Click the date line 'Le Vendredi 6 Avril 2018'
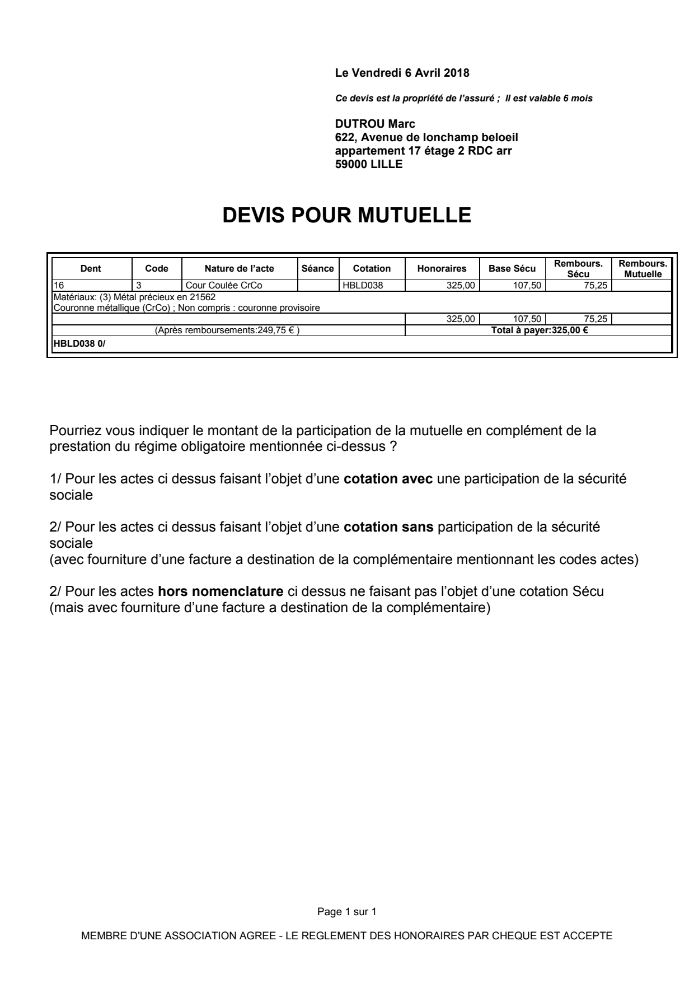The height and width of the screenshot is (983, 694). [401, 73]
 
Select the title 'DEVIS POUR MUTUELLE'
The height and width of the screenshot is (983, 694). [346, 216]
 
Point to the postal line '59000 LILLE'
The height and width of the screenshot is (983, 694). [368, 165]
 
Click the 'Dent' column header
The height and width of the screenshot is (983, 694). [91, 269]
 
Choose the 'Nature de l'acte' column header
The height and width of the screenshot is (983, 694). [239, 269]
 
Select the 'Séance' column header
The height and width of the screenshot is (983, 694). [317, 269]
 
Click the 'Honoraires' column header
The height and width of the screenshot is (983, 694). [442, 269]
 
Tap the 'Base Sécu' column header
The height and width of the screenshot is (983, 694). [512, 269]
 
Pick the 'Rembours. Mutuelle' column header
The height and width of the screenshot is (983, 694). [643, 269]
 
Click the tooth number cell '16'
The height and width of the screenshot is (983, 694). [59, 285]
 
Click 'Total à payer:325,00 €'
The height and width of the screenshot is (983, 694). [539, 330]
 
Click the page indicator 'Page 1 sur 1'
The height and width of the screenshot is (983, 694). [346, 912]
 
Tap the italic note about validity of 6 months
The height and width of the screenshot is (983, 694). [463, 99]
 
